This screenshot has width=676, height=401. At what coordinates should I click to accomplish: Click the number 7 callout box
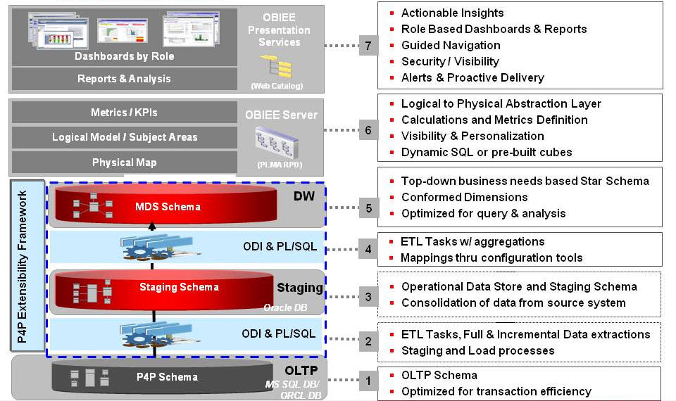click(x=368, y=45)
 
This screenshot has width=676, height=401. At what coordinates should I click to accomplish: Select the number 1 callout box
click(x=368, y=381)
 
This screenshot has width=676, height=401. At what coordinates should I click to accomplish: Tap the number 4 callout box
click(x=368, y=250)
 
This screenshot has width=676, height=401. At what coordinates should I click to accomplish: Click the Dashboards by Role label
click(x=125, y=56)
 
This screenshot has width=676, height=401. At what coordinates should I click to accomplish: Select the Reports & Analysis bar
click(x=124, y=79)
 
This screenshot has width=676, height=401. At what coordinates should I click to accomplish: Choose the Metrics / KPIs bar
click(x=124, y=113)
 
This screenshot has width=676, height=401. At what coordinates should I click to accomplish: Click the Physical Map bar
click(x=124, y=163)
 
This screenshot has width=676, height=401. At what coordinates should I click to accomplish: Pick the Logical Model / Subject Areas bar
click(x=124, y=137)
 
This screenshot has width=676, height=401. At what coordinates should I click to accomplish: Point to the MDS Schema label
click(x=168, y=206)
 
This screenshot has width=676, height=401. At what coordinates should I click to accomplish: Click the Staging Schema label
click(x=179, y=287)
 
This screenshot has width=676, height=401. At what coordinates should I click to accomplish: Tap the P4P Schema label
click(x=166, y=376)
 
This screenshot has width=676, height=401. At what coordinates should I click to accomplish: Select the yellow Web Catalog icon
click(x=276, y=67)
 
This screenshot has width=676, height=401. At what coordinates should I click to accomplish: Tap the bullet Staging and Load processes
click(x=477, y=350)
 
